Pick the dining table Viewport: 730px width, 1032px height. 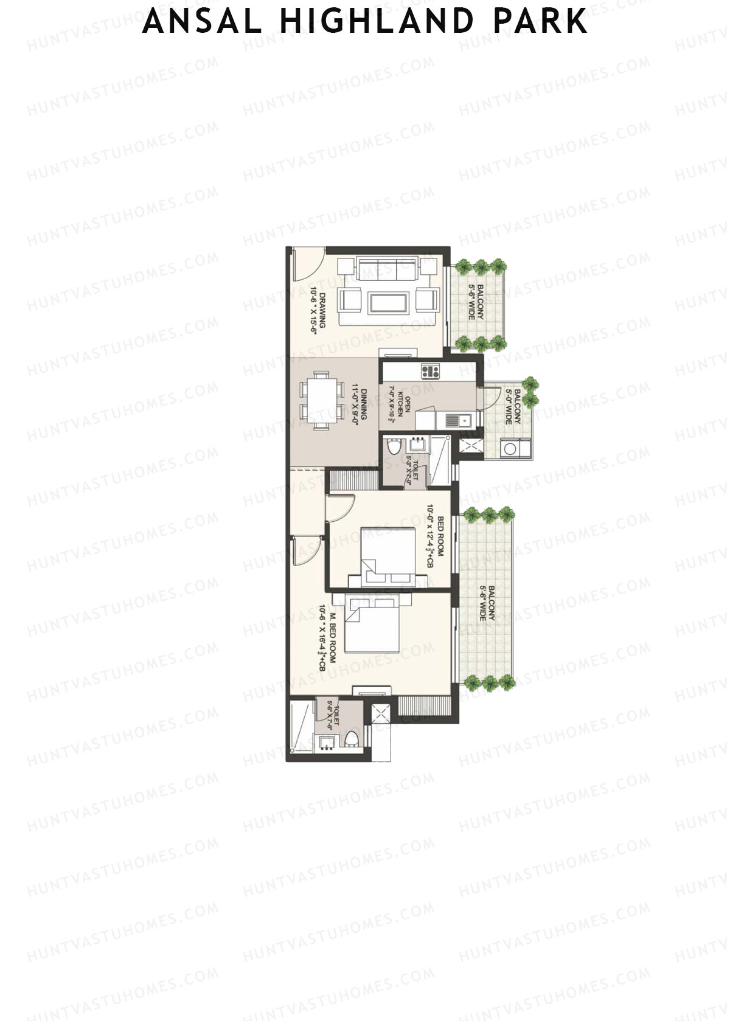tap(319, 403)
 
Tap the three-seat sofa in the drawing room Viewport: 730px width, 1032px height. tap(388, 268)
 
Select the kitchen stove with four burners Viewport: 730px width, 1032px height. tap(430, 370)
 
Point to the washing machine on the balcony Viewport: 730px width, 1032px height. tap(510, 449)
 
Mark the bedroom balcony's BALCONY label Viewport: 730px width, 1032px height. tap(491, 603)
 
